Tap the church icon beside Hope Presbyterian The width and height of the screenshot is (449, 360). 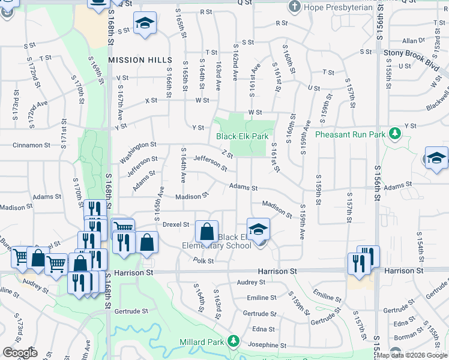point(294,7)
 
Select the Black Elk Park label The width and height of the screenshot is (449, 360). point(243,137)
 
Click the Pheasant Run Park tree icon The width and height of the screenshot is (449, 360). point(394,133)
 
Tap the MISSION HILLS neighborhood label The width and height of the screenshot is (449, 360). point(140,61)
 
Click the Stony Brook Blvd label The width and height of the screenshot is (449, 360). point(409,53)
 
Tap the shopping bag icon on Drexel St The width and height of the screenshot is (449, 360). point(206,231)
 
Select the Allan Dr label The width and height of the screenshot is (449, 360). point(414,41)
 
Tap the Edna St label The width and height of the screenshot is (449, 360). point(263,329)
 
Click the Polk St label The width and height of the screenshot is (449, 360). point(203,260)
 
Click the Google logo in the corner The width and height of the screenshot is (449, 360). point(20,352)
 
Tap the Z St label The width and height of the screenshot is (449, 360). point(226,155)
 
